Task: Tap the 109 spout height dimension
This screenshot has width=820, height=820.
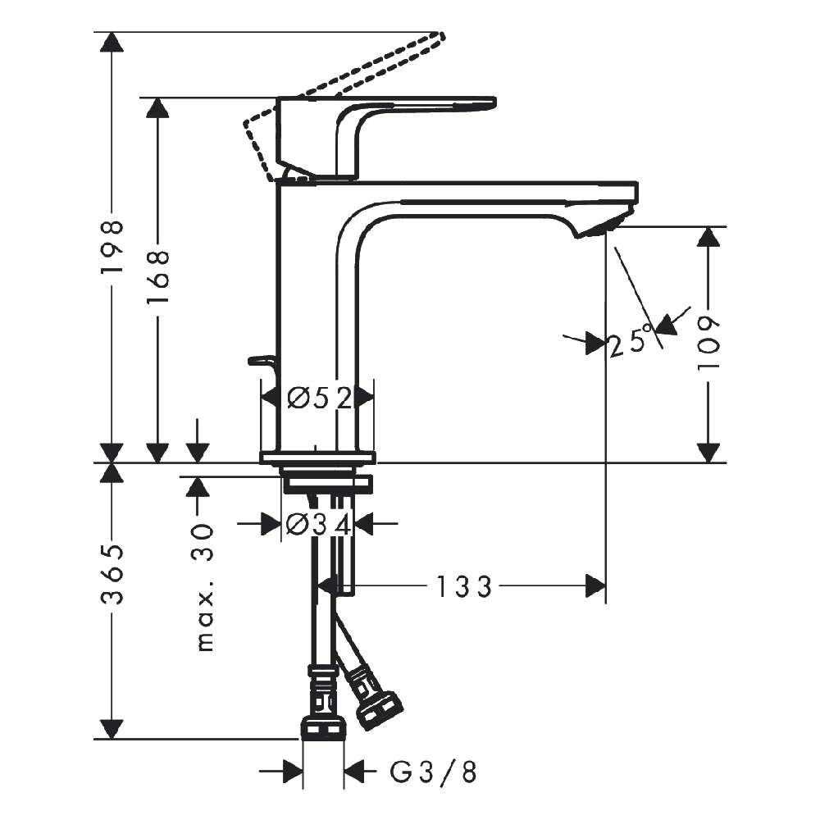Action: click(x=708, y=343)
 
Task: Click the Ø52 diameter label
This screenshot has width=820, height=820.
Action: click(x=320, y=399)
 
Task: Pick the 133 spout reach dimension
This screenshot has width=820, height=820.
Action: click(x=464, y=587)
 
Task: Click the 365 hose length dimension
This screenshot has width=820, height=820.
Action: click(x=112, y=574)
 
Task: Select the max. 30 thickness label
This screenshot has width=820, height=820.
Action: click(x=206, y=587)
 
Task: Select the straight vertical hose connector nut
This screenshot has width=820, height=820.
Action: click(x=323, y=728)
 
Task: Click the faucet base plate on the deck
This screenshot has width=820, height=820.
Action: click(x=318, y=458)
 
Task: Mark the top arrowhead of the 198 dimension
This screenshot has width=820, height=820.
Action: click(x=112, y=42)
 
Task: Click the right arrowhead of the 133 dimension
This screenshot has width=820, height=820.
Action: click(x=595, y=587)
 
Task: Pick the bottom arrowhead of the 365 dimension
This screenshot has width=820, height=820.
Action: click(x=112, y=729)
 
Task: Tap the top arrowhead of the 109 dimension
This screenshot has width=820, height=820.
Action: click(x=708, y=236)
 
